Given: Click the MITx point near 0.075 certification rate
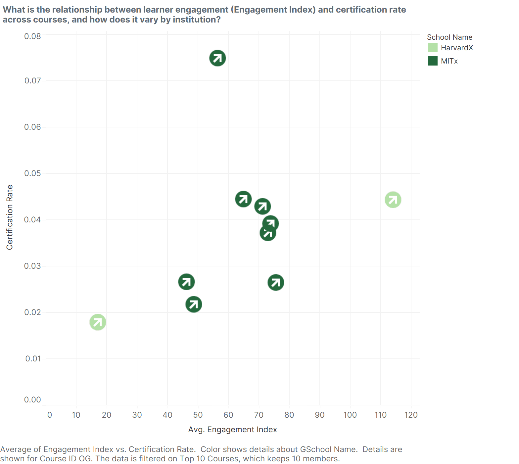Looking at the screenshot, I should (x=217, y=58).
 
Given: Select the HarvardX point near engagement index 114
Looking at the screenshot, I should (x=393, y=200).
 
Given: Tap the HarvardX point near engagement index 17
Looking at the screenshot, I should (x=98, y=322).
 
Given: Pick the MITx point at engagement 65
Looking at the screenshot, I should (x=243, y=199).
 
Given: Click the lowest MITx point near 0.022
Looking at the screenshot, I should (x=194, y=304).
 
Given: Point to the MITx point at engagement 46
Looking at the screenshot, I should (x=186, y=282).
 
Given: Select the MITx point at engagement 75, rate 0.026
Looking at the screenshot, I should (x=276, y=283).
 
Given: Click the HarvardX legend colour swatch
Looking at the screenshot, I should (x=433, y=48).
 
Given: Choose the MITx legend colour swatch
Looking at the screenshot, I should (x=433, y=61).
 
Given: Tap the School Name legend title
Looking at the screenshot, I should (x=449, y=37).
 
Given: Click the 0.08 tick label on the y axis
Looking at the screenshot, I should (x=32, y=36).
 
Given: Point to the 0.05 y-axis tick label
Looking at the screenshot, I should (x=32, y=173).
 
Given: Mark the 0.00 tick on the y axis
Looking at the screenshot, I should (x=32, y=400).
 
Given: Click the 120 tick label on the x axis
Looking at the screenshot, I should (x=411, y=415).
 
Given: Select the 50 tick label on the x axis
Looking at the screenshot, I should (x=198, y=415).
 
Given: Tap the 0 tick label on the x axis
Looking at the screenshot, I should (x=50, y=415).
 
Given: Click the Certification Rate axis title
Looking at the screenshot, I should (x=10, y=217).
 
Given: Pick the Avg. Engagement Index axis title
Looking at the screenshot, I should (x=232, y=430).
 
